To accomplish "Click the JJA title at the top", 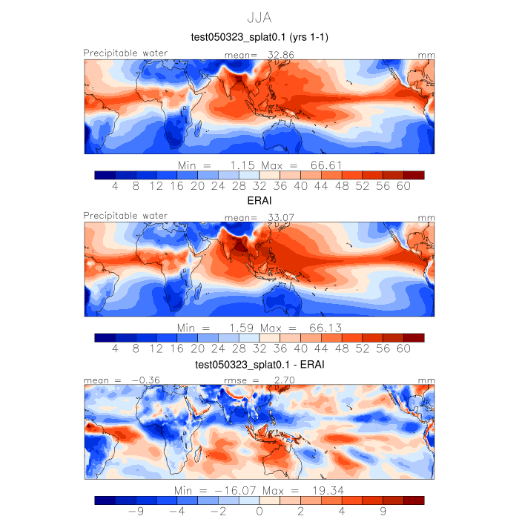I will point(259,16).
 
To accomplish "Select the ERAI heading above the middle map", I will point(259,200).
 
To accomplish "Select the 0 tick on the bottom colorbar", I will point(259,511).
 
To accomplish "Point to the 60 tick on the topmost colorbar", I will point(403,185).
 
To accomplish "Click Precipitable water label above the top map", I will point(125,53).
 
